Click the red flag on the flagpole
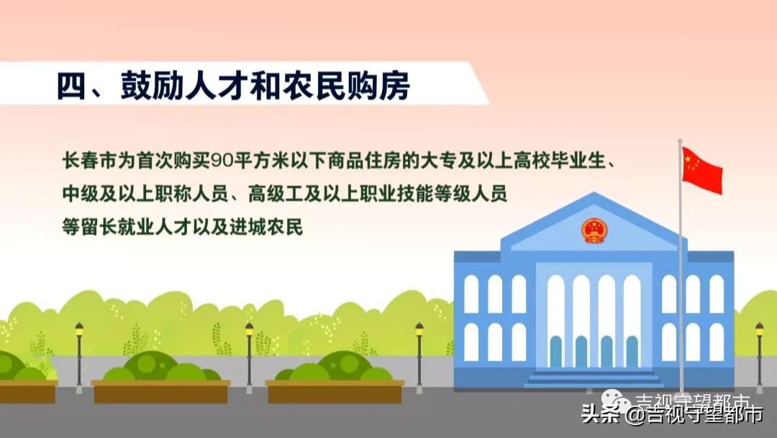[x=701, y=170]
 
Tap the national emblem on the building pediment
[x=594, y=231]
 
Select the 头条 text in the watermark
[x=596, y=414]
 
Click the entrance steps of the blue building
[x=594, y=378]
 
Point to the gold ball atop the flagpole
[x=680, y=141]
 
